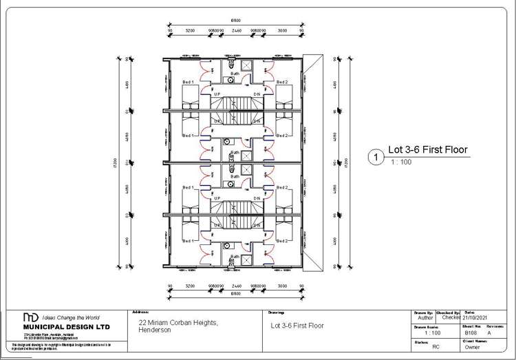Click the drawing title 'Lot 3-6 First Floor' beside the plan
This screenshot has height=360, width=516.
coord(427,149)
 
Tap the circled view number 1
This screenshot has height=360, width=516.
coord(376,157)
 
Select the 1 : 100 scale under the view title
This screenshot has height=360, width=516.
coord(400,162)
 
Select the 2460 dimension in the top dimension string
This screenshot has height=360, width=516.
coord(235,31)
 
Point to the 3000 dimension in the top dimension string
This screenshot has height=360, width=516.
coord(282,31)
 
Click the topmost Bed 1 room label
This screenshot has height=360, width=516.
coord(188,82)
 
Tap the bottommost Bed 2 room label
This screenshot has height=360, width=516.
coord(282,241)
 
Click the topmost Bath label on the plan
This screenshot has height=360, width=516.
coord(235,73)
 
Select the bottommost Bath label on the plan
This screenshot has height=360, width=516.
coord(235,256)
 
